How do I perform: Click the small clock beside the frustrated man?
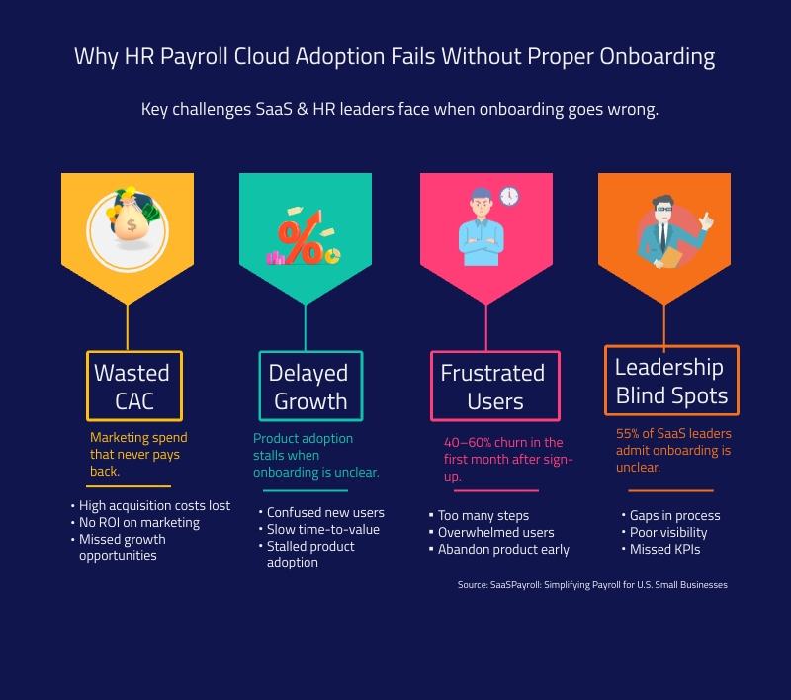point(509,196)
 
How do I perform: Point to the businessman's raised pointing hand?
point(706,220)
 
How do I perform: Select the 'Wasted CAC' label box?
point(134,386)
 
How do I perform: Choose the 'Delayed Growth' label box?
point(310,386)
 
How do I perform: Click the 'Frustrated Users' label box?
point(495,386)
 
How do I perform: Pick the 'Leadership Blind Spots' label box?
point(671,381)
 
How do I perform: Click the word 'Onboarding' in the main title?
point(657,56)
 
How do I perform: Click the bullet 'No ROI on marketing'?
point(139,522)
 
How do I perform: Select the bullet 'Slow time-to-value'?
point(323,529)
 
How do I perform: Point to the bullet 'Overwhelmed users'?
point(496,532)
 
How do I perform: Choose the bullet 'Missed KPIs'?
point(664,549)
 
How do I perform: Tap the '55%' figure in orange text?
point(627,433)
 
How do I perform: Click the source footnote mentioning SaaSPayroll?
point(592,585)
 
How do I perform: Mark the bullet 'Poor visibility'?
point(668,532)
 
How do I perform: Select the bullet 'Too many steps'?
point(483,515)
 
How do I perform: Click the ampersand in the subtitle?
point(303,109)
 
